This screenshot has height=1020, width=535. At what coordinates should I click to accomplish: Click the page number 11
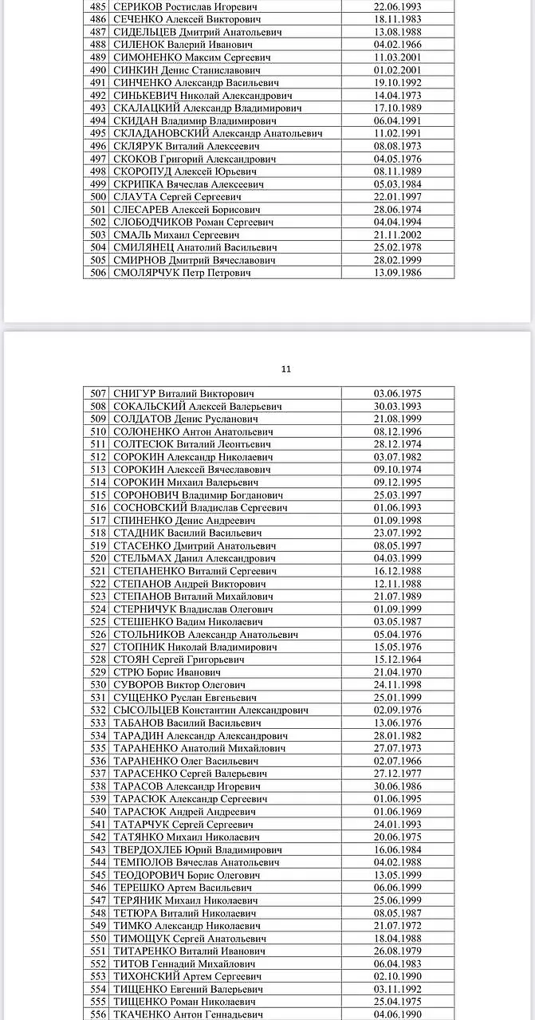[x=287, y=368]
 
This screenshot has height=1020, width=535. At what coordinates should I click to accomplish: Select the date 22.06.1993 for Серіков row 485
[x=398, y=6]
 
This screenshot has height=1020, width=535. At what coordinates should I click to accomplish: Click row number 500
[x=98, y=197]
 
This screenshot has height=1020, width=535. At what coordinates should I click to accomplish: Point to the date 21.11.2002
[x=398, y=234]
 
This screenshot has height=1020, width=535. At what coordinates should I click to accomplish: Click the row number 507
[x=98, y=393]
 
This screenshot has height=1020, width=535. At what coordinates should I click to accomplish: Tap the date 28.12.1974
[x=398, y=444]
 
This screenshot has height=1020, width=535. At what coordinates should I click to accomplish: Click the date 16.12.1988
[x=398, y=571]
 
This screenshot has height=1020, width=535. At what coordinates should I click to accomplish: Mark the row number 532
[x=98, y=710]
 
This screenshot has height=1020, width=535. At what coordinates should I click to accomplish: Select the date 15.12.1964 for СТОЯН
[x=398, y=660]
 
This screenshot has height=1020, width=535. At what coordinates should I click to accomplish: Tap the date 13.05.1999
[x=398, y=875]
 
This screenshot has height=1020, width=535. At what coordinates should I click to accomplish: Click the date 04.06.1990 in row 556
[x=398, y=1014]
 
